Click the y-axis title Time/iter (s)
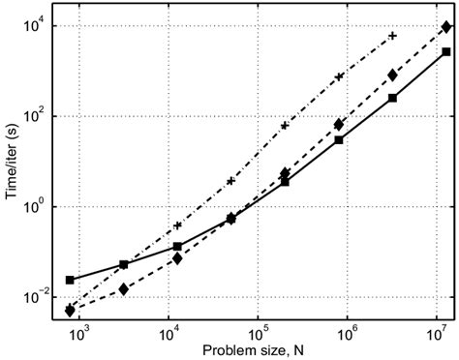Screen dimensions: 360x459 [x=11, y=162]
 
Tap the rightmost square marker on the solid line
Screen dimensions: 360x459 [x=446, y=52]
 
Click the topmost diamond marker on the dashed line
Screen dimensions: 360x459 [x=446, y=28]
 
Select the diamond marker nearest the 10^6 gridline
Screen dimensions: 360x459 [x=339, y=124]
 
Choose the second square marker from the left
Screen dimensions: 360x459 [x=124, y=264]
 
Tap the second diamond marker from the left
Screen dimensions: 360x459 [x=124, y=288]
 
